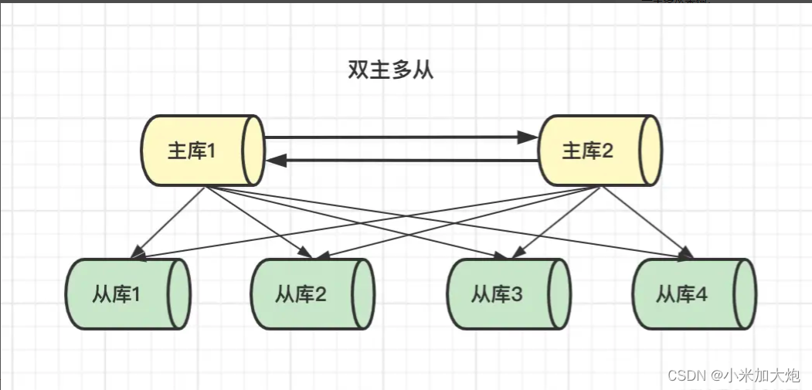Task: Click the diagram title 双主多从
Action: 391,71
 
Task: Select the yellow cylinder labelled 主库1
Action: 202,151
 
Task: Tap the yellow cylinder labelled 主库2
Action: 599,151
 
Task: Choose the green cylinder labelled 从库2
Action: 312,294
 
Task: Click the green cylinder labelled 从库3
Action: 508,294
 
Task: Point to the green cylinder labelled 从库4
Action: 694,294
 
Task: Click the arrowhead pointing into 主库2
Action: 528,137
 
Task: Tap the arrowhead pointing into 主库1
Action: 276,161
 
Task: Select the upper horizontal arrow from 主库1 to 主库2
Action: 394,137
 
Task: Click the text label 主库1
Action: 191,151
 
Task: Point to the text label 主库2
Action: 587,151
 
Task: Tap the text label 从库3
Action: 497,294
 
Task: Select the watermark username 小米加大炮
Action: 761,376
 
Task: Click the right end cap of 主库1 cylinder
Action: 253,151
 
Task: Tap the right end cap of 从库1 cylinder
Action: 180,294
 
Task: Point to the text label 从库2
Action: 301,294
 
